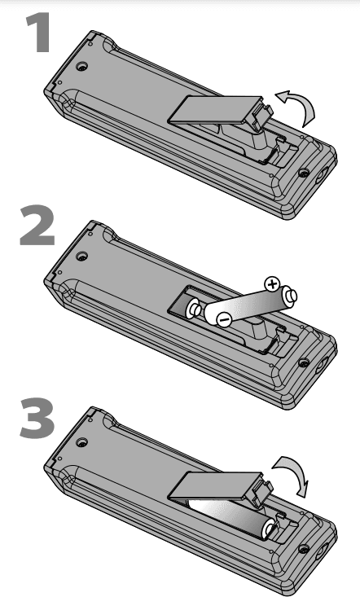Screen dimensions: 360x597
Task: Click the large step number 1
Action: pyautogui.click(x=38, y=33)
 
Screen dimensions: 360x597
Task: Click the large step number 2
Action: pyautogui.click(x=37, y=225)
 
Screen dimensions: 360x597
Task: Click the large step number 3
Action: pyautogui.click(x=37, y=418)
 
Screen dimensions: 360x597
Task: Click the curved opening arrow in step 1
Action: pyautogui.click(x=299, y=105)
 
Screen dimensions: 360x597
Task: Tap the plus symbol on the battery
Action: pyautogui.click(x=272, y=284)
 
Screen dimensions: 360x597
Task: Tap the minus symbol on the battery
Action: pyautogui.click(x=223, y=319)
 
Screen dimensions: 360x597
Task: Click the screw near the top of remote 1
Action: pyautogui.click(x=81, y=66)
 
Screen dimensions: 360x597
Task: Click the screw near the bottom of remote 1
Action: pyautogui.click(x=303, y=173)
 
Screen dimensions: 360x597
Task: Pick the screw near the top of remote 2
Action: pyautogui.click(x=81, y=256)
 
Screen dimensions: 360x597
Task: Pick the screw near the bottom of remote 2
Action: pyautogui.click(x=303, y=363)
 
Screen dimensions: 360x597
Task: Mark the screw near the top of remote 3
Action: pyautogui.click(x=81, y=442)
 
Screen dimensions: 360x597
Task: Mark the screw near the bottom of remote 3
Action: pyautogui.click(x=303, y=549)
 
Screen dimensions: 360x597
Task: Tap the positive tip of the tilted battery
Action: pyautogui.click(x=292, y=296)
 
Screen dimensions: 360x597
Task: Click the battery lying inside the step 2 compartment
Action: pyautogui.click(x=193, y=309)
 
